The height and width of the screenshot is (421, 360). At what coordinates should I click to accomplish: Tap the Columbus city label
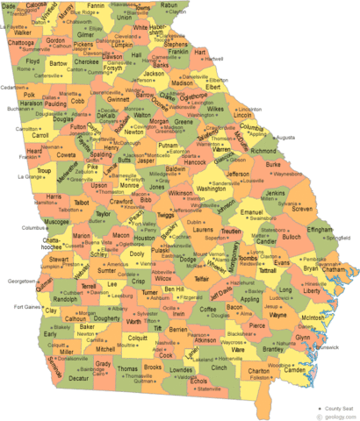(32, 226)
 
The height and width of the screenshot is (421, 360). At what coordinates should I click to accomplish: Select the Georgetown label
(23, 281)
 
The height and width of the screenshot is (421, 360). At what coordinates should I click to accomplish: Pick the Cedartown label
(14, 88)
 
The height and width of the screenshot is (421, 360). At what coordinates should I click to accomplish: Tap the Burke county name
(273, 164)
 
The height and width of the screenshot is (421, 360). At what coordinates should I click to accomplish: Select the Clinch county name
(219, 367)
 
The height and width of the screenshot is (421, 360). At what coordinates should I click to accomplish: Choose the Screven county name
(301, 209)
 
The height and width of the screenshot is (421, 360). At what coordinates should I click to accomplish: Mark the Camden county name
(295, 369)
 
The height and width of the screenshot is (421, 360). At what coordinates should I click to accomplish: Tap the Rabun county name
(168, 5)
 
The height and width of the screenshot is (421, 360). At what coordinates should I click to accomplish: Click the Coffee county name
(209, 308)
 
